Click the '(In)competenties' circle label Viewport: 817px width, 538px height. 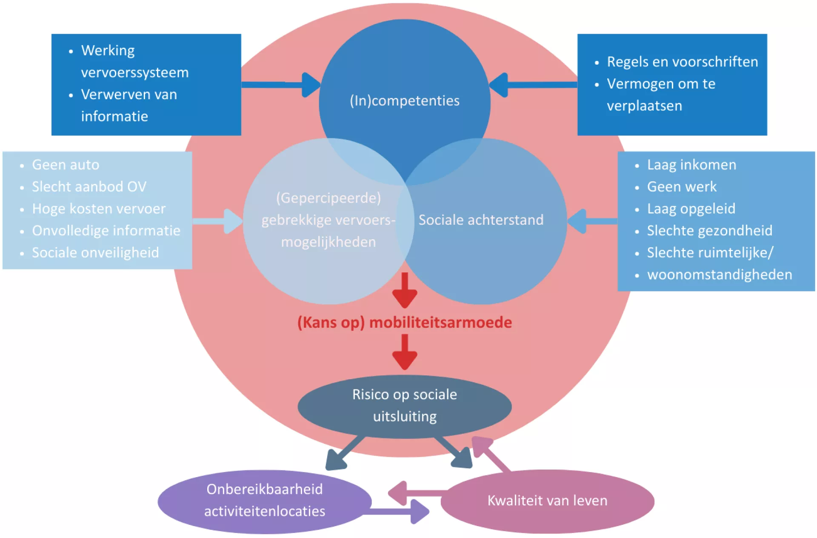click(404, 101)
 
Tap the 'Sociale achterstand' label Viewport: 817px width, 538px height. click(481, 220)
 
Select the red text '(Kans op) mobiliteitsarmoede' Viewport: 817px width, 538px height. click(404, 323)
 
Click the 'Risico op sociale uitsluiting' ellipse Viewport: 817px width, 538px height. click(404, 406)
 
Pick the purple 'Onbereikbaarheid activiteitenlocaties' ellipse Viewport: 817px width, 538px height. click(264, 501)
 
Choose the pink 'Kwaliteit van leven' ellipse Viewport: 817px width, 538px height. click(547, 501)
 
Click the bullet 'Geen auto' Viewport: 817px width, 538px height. click(66, 165)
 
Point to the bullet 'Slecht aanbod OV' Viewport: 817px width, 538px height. click(89, 187)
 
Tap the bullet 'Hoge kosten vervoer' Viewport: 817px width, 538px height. click(99, 209)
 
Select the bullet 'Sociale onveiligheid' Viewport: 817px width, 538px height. click(95, 253)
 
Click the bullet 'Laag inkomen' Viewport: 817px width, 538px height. click(691, 165)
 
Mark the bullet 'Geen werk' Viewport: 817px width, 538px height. click(682, 187)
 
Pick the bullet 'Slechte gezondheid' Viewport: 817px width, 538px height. click(709, 231)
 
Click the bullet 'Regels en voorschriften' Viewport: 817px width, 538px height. click(682, 62)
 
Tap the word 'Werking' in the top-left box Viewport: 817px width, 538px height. click(108, 51)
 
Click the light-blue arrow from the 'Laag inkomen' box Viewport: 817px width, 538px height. click(591, 221)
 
